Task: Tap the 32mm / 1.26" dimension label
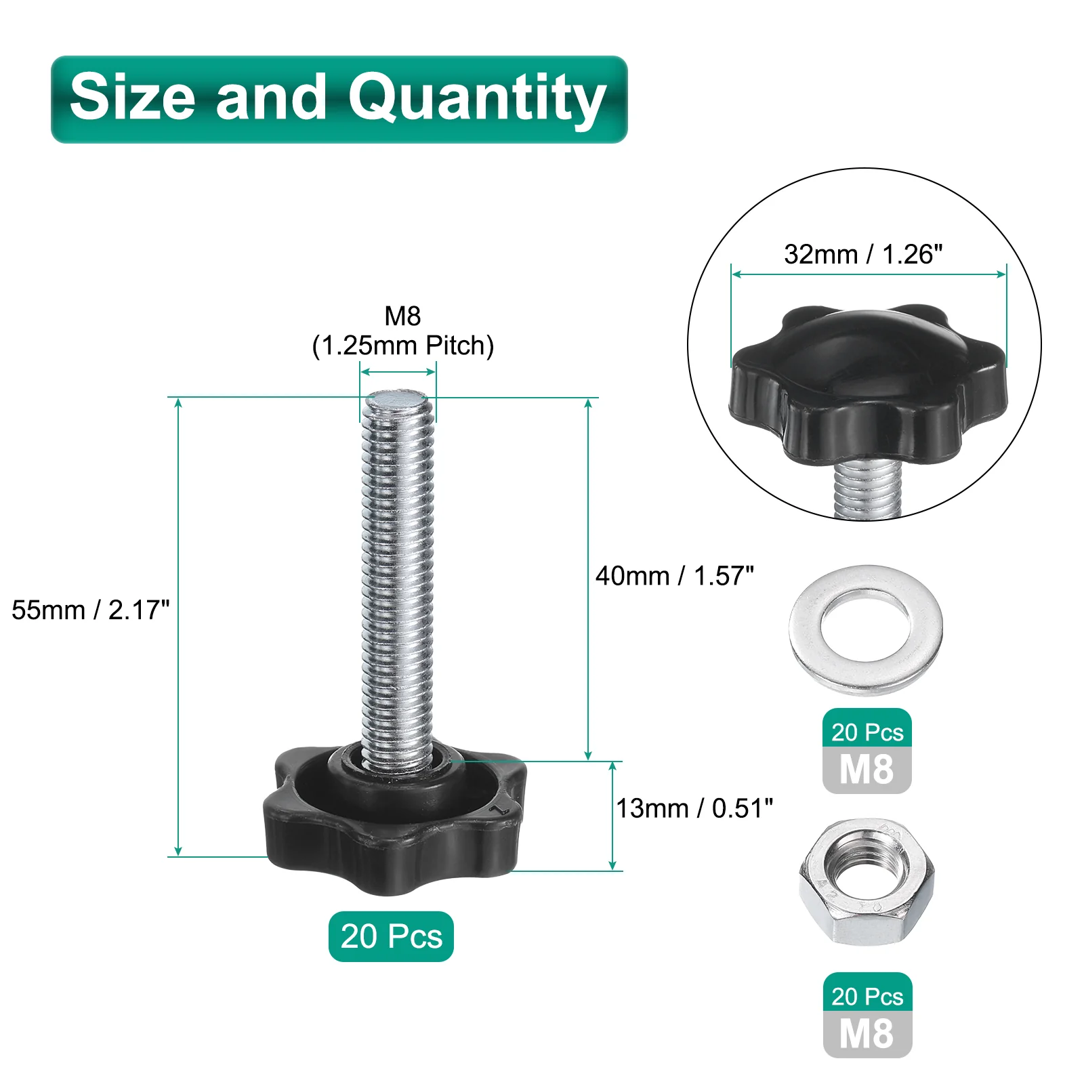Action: (863, 254)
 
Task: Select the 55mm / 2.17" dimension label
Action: (90, 610)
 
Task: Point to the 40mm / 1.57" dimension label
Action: (675, 575)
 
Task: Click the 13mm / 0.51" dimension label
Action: (694, 808)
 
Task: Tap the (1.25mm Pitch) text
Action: (403, 346)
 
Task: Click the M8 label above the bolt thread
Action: (402, 316)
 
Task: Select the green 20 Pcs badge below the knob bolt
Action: (391, 936)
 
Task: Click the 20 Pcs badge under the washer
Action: (867, 731)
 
